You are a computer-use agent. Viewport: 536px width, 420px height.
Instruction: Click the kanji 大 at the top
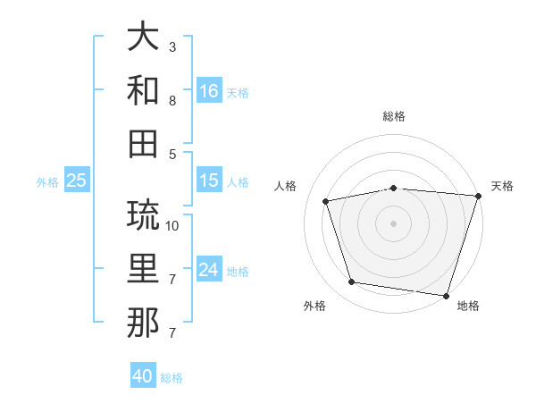point(144,38)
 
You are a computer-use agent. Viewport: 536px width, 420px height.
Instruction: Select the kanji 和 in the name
point(144,89)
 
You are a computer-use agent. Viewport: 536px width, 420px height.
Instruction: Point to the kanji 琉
point(144,215)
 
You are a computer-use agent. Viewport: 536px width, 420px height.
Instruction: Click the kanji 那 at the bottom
point(144,322)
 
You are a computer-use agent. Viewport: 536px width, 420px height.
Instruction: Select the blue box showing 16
point(209,91)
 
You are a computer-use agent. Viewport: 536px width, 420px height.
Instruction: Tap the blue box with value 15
point(209,181)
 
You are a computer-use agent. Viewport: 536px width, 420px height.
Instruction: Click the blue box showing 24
point(209,271)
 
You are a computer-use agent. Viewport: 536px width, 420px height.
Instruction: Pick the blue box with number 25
point(77,181)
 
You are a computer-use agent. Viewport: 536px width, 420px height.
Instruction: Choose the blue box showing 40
point(143,376)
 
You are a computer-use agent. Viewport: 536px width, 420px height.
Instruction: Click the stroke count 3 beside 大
point(172,46)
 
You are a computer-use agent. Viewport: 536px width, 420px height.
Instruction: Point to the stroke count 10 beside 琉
point(172,225)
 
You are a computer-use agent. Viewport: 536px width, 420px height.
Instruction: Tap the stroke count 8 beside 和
point(172,101)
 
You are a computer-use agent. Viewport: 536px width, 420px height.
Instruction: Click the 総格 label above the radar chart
point(393,116)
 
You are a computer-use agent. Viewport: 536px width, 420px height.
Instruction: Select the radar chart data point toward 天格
point(478,196)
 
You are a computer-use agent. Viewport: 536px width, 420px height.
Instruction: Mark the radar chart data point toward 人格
point(326,201)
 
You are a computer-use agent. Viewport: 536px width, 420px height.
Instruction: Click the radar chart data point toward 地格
point(446,294)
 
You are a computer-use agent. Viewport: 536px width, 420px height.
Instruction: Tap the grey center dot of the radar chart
point(393,223)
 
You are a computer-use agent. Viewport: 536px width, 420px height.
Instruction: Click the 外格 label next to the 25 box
point(47,182)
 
